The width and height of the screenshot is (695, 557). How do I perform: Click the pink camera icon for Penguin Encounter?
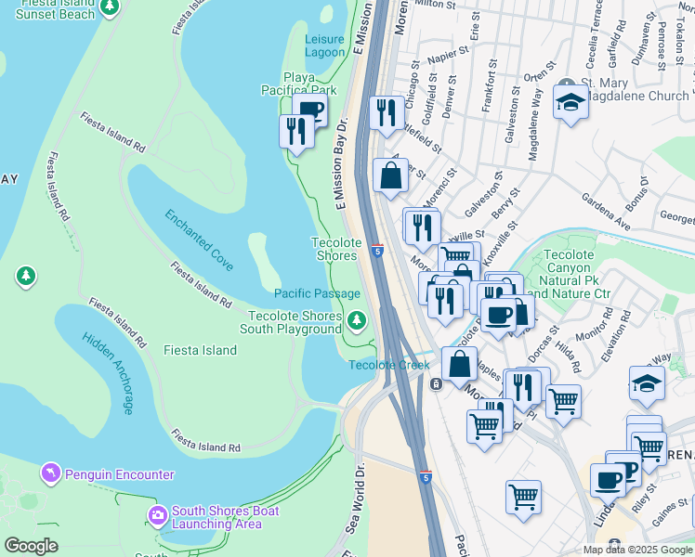[50, 473]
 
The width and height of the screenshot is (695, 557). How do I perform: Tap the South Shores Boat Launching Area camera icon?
[157, 514]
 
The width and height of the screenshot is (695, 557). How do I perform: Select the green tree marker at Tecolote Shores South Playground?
[356, 321]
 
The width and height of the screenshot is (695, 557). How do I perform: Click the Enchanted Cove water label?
[199, 234]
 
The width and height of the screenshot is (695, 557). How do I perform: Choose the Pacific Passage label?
[317, 293]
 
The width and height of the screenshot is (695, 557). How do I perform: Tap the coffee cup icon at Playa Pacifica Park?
[311, 111]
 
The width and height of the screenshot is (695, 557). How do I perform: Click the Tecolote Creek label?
[389, 365]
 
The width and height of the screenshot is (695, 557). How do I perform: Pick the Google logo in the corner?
[31, 546]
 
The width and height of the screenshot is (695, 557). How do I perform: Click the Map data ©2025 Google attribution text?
[636, 550]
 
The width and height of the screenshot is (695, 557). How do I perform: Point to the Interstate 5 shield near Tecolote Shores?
[377, 251]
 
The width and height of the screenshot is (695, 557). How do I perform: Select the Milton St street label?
[437, 5]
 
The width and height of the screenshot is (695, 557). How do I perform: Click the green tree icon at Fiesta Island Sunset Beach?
[110, 7]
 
